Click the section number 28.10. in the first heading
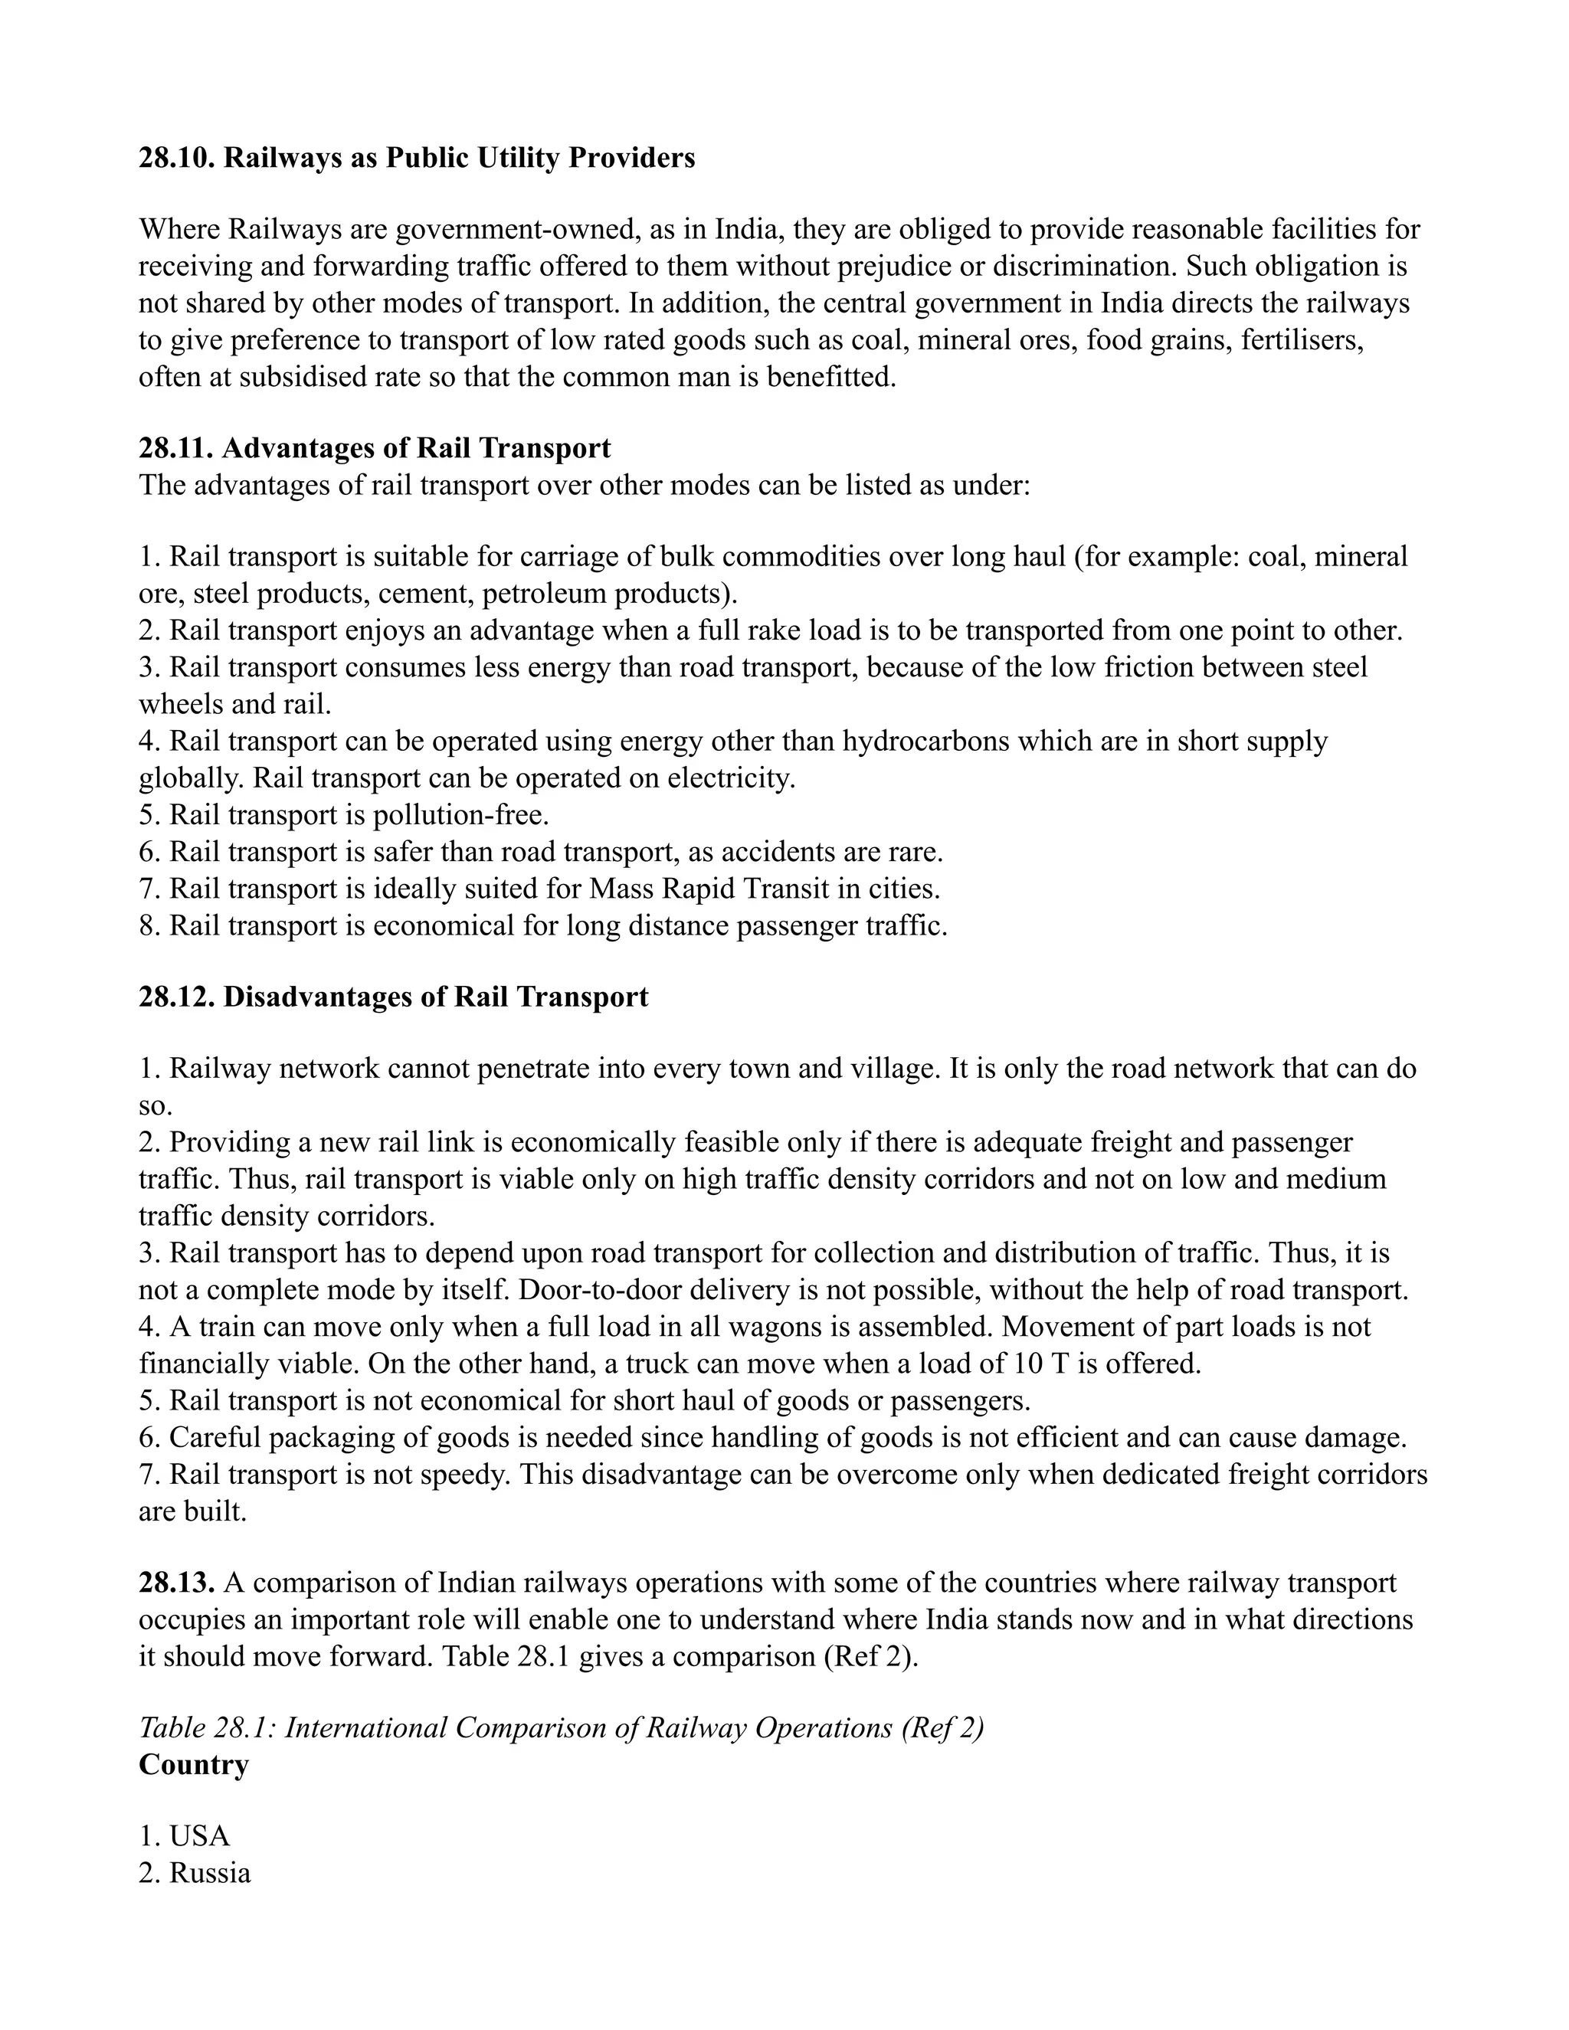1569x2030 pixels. click(x=177, y=158)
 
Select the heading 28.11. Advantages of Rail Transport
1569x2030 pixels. click(x=375, y=448)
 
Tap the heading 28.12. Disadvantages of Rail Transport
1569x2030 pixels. click(x=393, y=997)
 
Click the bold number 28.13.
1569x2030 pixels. click(x=177, y=1582)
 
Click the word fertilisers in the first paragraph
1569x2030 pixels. click(x=1303, y=340)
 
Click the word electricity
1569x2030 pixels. click(x=731, y=778)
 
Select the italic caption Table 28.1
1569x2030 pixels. click(x=206, y=1727)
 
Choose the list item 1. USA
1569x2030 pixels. click(x=184, y=1835)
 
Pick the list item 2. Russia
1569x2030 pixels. click(x=195, y=1872)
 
